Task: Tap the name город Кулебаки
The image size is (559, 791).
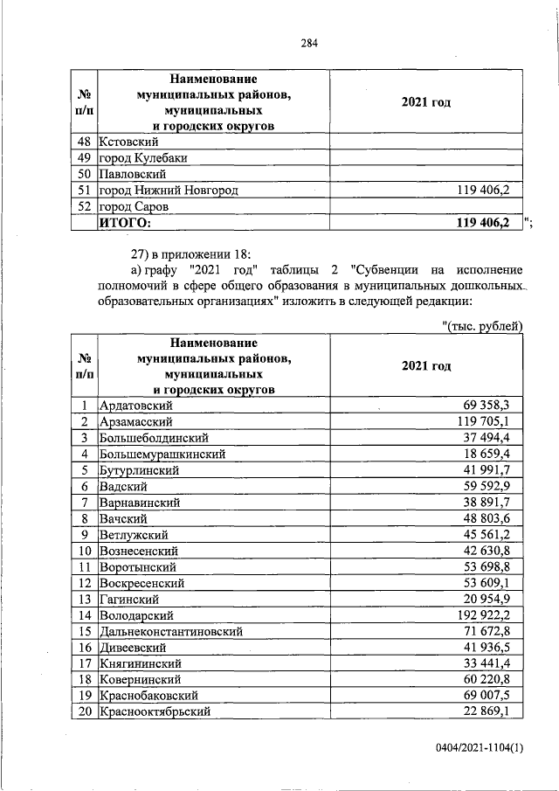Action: coord(143,157)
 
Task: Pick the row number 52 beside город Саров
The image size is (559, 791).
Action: coord(85,206)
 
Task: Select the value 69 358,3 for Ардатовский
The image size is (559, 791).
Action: coord(491,405)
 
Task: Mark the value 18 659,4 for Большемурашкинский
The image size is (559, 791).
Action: coord(491,454)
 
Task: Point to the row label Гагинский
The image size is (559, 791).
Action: coord(128,599)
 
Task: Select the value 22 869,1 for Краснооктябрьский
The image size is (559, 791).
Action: coord(491,711)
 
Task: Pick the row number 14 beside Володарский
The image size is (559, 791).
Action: coord(85,614)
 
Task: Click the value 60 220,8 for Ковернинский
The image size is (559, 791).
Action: coord(491,678)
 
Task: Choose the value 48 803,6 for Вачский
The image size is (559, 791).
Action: coord(491,518)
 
